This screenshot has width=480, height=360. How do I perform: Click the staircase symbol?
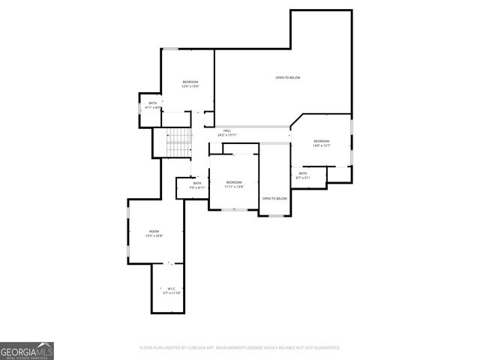tap(178, 143)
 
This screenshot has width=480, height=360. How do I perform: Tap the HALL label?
tap(227, 130)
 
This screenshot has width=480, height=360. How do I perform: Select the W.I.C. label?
tap(171, 289)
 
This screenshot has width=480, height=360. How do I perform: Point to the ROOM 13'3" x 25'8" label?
tap(154, 233)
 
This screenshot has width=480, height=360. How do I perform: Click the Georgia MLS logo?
tap(27, 350)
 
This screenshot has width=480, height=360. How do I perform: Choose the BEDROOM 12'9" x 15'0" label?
tap(190, 83)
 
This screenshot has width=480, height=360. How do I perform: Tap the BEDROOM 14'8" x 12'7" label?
tap(321, 142)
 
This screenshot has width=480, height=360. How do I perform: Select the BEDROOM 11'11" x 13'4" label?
tap(234, 184)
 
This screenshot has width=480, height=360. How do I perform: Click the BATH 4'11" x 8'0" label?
tap(153, 105)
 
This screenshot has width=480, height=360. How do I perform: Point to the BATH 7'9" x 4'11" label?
tap(197, 185)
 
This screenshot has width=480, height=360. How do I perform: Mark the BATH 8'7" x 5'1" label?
tap(303, 175)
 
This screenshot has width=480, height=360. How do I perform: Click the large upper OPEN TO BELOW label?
tap(288, 78)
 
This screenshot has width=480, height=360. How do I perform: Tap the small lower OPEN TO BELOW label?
tap(274, 198)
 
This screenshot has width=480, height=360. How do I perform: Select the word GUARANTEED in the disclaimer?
tap(324, 347)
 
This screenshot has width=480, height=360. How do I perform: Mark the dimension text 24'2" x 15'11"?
tap(227, 135)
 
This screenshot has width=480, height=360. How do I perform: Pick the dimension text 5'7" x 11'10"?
tap(171, 293)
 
